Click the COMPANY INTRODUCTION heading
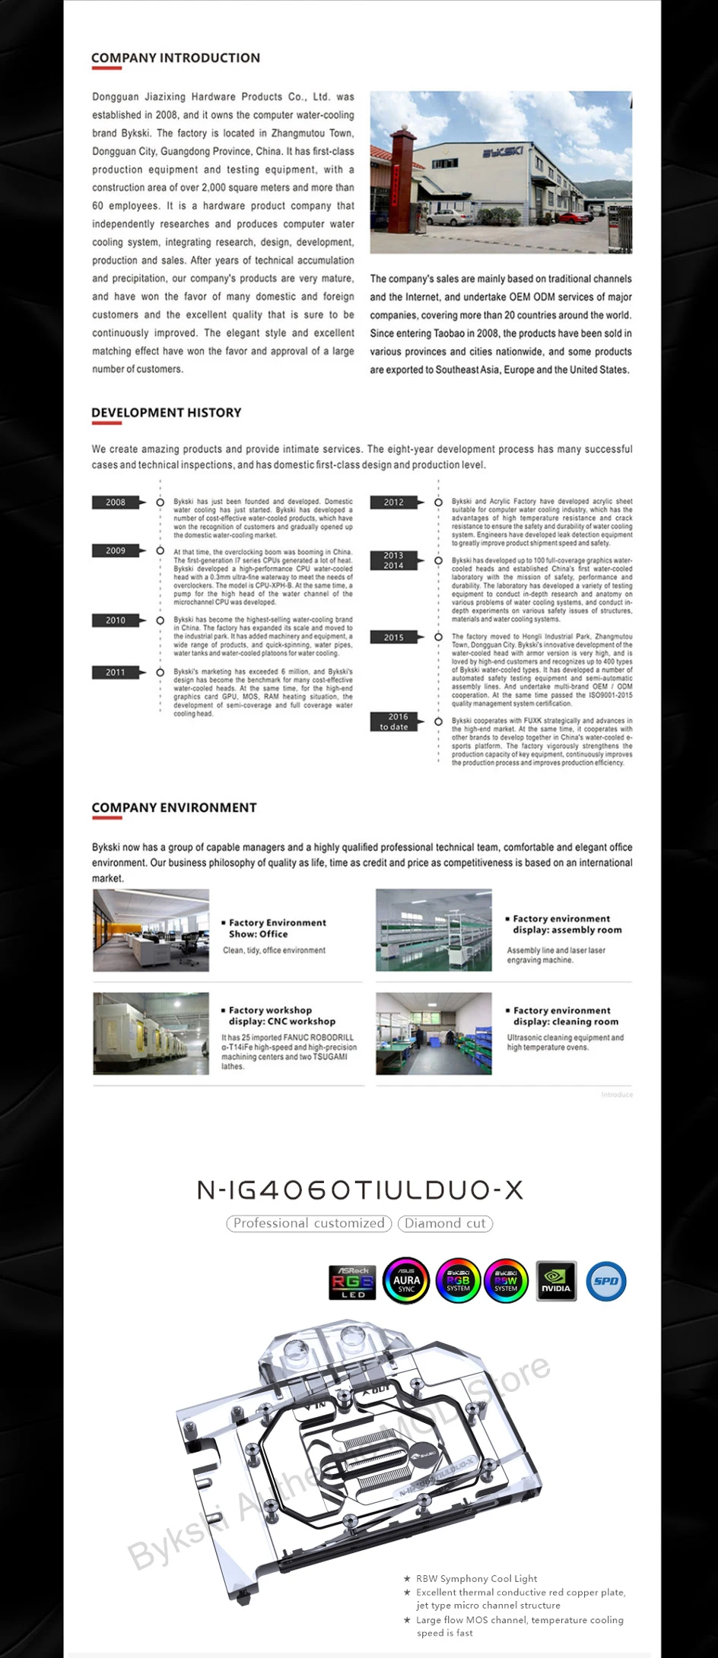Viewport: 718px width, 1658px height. (176, 58)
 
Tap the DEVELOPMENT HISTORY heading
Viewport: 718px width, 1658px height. (167, 413)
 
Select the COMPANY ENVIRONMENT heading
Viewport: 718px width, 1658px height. (174, 807)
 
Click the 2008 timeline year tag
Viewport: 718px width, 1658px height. (116, 502)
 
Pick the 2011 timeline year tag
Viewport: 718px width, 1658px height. (116, 673)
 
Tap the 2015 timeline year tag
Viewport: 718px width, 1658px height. (394, 637)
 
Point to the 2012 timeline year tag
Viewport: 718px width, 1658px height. (394, 502)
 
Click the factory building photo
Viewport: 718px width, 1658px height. (500, 173)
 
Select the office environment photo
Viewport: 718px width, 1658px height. (151, 930)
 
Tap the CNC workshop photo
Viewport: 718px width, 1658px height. (151, 1033)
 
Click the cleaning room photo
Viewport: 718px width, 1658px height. (434, 1033)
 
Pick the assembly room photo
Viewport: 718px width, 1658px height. (434, 930)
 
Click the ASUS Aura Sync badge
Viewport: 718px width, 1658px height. (406, 1281)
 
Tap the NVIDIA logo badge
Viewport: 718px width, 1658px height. (556, 1281)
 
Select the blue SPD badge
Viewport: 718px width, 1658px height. (606, 1281)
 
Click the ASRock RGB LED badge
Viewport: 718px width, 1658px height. (353, 1282)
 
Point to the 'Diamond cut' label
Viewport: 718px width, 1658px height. (445, 1223)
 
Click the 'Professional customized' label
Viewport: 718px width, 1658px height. (309, 1223)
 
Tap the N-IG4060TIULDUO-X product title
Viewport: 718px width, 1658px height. (360, 1190)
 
